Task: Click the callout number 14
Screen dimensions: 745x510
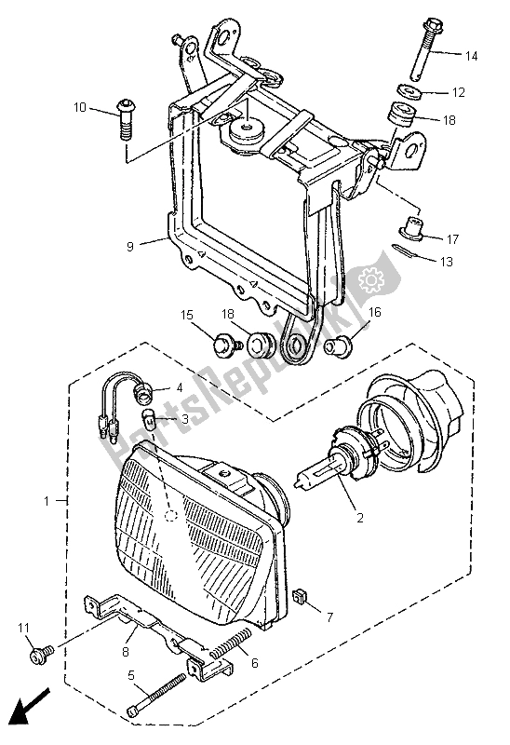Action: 471,57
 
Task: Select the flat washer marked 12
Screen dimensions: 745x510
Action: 406,93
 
